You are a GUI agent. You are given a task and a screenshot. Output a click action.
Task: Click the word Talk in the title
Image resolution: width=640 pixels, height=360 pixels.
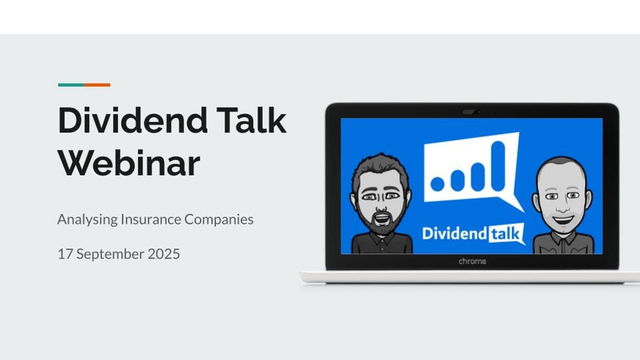(251, 120)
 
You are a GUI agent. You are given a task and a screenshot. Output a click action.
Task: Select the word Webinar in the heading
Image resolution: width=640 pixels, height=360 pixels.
(129, 163)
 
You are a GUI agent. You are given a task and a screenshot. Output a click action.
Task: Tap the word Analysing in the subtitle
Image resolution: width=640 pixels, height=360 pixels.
(87, 219)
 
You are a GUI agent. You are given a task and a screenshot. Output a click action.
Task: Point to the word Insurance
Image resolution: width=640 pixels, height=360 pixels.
(151, 219)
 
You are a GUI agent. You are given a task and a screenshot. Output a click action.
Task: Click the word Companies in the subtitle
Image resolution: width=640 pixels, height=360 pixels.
(219, 219)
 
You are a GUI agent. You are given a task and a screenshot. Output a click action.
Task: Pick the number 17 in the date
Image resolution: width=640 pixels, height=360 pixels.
(65, 254)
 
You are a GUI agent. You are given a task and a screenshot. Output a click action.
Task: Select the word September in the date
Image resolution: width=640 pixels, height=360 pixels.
(110, 254)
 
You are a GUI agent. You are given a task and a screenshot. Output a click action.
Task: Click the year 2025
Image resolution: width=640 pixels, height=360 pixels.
(164, 254)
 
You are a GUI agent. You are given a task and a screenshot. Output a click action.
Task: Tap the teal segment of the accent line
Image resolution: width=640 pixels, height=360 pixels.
(71, 85)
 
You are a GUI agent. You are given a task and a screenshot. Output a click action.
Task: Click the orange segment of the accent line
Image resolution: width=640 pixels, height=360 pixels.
(97, 85)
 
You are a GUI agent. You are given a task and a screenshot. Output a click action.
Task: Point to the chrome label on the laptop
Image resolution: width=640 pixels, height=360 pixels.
(472, 261)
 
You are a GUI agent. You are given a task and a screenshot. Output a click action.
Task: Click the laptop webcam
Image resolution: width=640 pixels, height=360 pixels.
(471, 111)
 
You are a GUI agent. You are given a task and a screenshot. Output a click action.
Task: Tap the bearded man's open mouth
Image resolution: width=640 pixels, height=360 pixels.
(381, 219)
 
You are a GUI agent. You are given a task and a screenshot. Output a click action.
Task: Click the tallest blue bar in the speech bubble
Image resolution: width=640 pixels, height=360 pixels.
(499, 166)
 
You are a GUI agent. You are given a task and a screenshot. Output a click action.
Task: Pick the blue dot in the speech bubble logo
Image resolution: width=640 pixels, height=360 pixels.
(437, 184)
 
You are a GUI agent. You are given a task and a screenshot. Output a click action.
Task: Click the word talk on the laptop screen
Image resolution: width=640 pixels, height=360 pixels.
(505, 234)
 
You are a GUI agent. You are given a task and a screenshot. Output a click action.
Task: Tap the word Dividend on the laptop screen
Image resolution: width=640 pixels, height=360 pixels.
(455, 233)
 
